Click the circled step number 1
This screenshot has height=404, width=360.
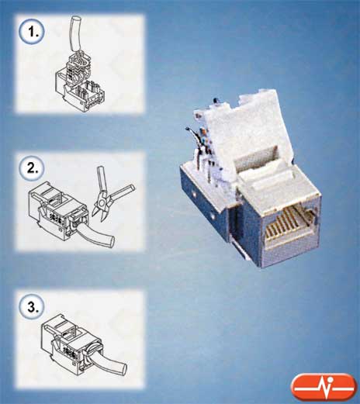[32, 32]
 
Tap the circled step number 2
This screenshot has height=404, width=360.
[32, 168]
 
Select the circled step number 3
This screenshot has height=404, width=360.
[32, 306]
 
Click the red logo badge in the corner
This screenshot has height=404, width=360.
[324, 387]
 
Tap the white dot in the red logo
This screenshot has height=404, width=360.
[330, 379]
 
